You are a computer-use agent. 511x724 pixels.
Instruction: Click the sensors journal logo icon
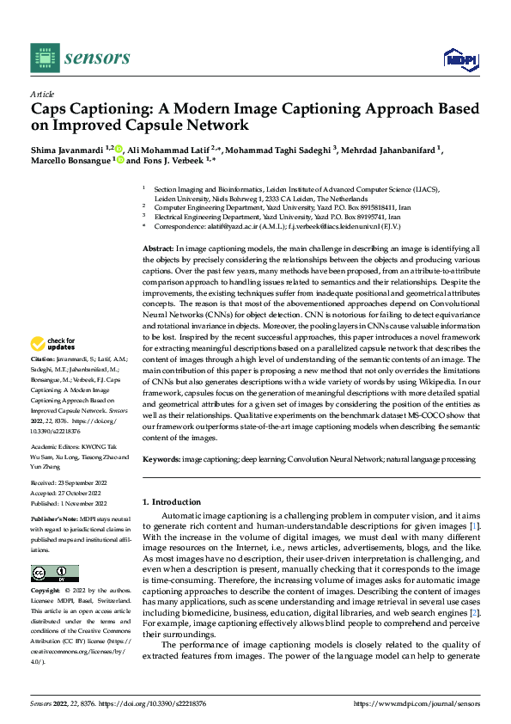[46, 58]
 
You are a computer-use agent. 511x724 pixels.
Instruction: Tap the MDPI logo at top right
[459, 58]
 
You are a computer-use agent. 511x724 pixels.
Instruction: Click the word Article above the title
[42, 94]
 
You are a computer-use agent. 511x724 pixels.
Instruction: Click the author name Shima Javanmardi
[67, 148]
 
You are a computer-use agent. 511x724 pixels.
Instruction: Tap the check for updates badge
[55, 345]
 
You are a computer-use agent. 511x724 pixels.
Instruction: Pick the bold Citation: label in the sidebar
[42, 358]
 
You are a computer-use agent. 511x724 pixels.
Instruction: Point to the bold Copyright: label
[46, 592]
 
